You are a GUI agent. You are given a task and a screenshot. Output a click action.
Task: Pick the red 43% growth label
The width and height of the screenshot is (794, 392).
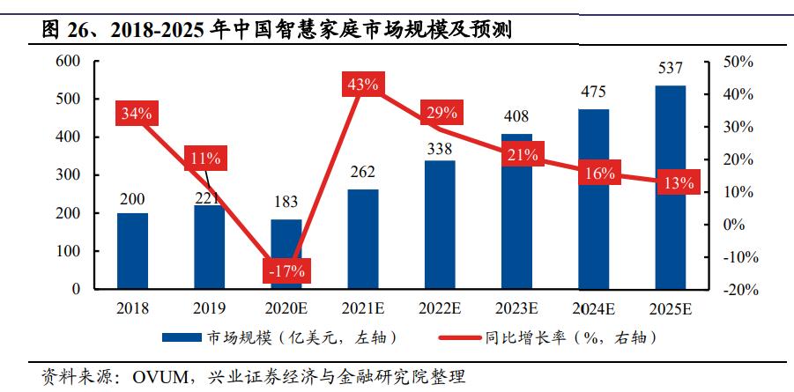(x=363, y=85)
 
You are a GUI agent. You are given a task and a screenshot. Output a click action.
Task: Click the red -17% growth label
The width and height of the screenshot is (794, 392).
(x=286, y=270)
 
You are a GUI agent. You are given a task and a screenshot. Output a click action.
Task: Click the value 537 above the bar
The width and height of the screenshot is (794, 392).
(x=671, y=68)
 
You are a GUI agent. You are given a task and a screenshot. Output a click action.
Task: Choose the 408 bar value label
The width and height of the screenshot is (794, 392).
(x=517, y=116)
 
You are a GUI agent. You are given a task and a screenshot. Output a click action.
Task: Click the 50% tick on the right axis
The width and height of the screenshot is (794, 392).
(x=738, y=62)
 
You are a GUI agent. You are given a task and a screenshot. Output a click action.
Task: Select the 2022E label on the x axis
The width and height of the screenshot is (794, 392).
(x=440, y=308)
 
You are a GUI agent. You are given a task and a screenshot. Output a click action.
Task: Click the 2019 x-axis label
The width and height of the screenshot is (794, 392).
(x=209, y=308)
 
